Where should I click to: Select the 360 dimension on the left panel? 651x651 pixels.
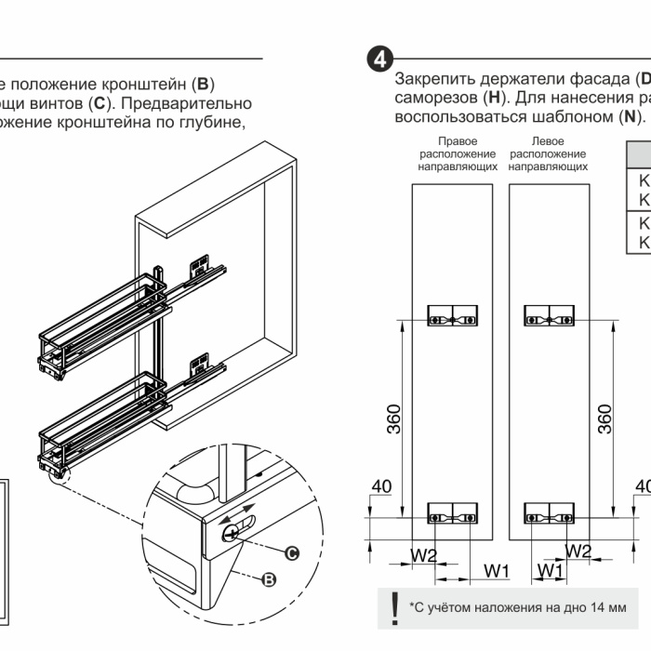[x=394, y=418]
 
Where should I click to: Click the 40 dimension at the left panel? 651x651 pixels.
[x=379, y=485]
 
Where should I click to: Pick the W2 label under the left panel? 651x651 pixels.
[x=424, y=554]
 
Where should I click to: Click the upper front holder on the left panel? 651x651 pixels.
[x=452, y=316]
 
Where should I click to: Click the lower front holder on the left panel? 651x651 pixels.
[x=452, y=511]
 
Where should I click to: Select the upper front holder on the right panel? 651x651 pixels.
[x=549, y=316]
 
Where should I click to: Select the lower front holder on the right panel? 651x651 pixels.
[x=549, y=511]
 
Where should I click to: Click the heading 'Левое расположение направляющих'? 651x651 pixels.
[x=549, y=154]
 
